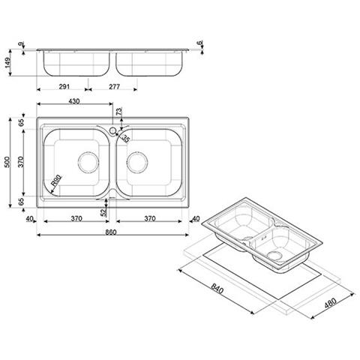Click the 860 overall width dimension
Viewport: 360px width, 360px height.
pyautogui.click(x=110, y=232)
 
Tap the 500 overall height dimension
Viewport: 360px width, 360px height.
pyautogui.click(x=7, y=162)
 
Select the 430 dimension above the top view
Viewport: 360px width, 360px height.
pyautogui.click(x=74, y=101)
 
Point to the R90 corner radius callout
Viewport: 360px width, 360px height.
pyautogui.click(x=56, y=181)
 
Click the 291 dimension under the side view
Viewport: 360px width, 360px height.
pyautogui.click(x=64, y=86)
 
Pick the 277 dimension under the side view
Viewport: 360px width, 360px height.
pyautogui.click(x=114, y=86)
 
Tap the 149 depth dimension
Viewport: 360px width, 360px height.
pyautogui.click(x=7, y=63)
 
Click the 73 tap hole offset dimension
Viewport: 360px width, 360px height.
pyautogui.click(x=118, y=111)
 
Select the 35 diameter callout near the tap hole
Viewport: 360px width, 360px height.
pyautogui.click(x=126, y=138)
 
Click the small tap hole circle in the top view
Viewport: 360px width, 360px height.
pyautogui.click(x=112, y=130)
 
